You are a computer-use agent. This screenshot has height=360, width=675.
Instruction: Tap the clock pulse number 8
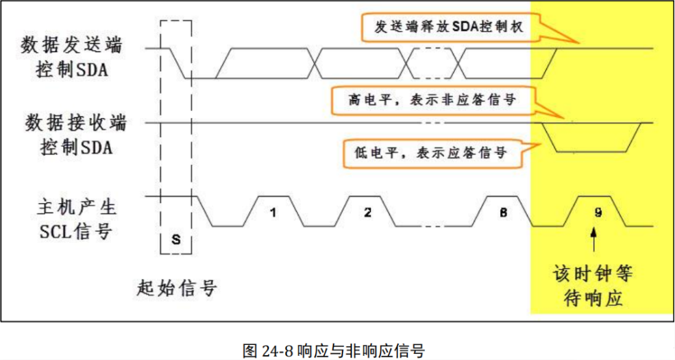tap(503, 213)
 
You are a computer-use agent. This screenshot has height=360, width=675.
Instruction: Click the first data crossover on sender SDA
tap(317, 63)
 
